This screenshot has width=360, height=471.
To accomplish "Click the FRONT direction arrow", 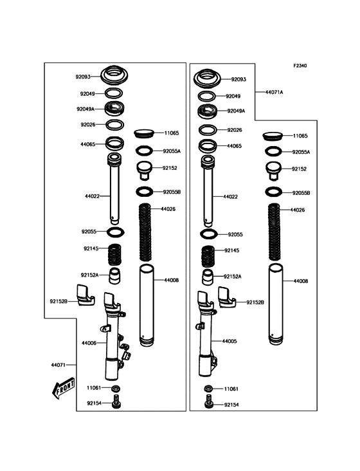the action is click(x=63, y=388).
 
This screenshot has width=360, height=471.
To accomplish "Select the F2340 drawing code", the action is click(x=300, y=66).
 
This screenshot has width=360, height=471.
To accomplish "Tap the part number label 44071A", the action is click(x=274, y=92).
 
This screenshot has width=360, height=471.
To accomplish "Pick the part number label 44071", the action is click(x=59, y=365).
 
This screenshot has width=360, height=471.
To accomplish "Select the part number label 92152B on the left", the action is click(x=59, y=301).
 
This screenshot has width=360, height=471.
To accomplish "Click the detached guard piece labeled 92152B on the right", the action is click(x=227, y=297).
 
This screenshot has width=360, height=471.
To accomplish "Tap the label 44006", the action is click(x=89, y=343).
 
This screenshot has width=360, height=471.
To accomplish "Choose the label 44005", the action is click(x=230, y=341).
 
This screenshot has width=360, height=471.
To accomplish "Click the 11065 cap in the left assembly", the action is click(x=144, y=133).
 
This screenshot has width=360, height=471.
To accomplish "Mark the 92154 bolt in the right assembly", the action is click(x=209, y=402).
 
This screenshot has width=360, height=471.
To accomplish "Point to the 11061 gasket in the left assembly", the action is click(x=116, y=389).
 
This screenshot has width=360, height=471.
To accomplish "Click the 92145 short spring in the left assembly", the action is click(x=114, y=254).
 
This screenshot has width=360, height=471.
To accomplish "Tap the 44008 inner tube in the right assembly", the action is click(x=275, y=304).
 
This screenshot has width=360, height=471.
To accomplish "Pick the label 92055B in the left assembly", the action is click(x=172, y=192).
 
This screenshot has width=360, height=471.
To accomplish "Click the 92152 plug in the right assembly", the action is click(x=273, y=171).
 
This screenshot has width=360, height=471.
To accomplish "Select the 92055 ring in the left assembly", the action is click(x=116, y=232).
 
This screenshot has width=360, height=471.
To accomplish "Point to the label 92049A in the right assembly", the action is click(x=236, y=111).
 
